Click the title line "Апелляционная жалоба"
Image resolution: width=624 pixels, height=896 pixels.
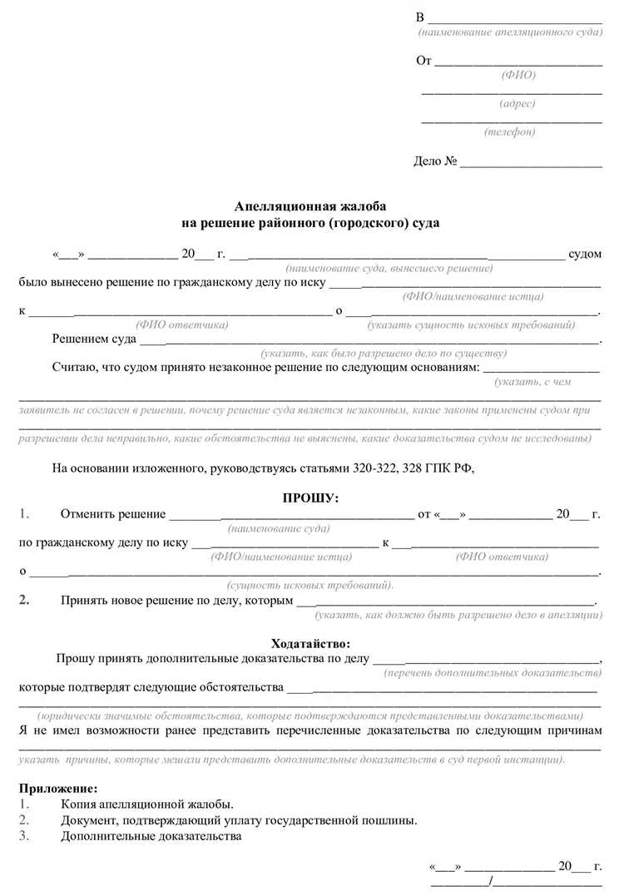point(311,206)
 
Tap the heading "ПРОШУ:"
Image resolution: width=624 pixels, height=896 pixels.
point(311,498)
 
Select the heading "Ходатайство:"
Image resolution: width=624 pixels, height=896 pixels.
point(311,643)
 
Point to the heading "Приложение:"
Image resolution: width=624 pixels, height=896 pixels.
point(57,788)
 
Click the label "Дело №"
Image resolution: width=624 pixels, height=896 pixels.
point(435,161)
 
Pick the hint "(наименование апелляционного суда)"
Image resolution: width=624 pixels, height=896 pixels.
point(510,32)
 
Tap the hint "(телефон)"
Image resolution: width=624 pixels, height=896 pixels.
point(510,132)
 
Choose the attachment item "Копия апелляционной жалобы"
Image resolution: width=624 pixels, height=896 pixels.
point(146,804)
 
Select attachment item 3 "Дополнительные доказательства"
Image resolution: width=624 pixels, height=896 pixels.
point(151,836)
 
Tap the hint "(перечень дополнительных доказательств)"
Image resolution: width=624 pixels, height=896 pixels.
point(492,672)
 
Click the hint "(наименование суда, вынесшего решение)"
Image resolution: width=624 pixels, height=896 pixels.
point(389,269)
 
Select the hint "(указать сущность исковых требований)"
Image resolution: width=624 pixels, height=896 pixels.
point(472,324)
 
